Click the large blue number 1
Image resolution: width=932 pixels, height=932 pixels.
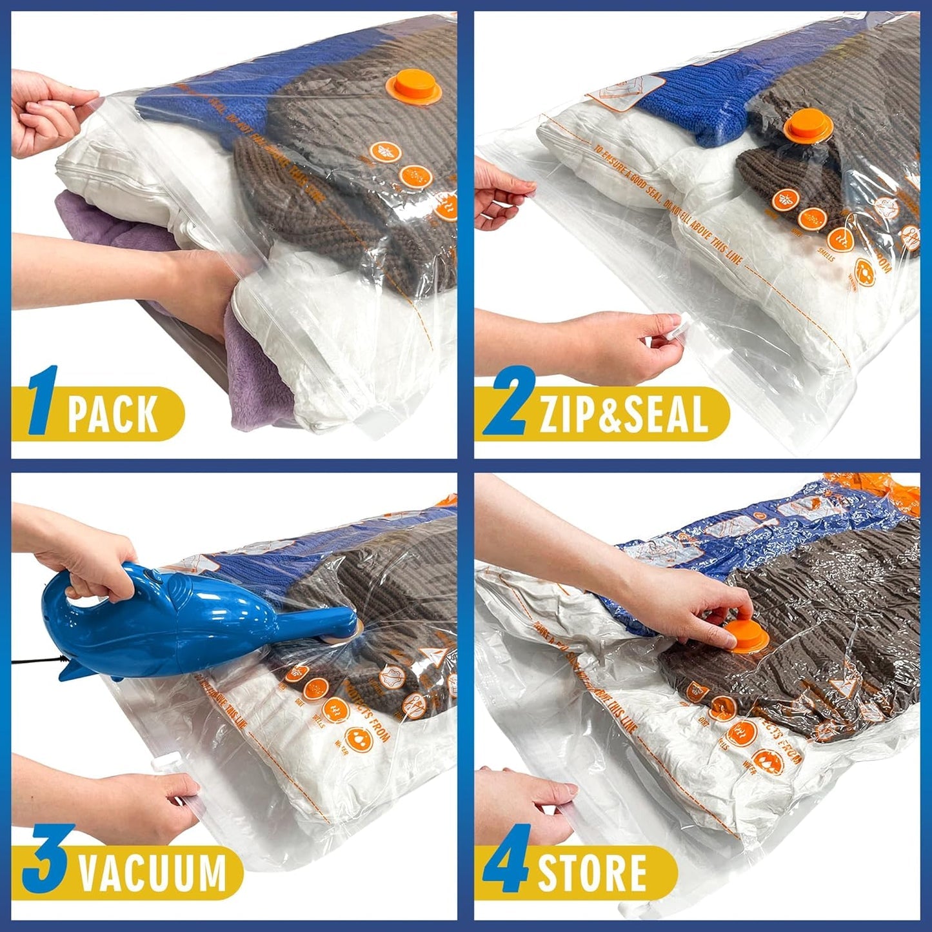[x=43, y=401]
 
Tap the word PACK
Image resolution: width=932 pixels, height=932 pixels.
[x=113, y=414]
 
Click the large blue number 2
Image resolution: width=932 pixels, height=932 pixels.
[x=510, y=401]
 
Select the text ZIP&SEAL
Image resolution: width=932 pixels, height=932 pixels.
[x=624, y=414]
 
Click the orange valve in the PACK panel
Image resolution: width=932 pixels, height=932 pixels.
[x=413, y=90]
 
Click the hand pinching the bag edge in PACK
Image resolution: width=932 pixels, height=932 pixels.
[x=48, y=113]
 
